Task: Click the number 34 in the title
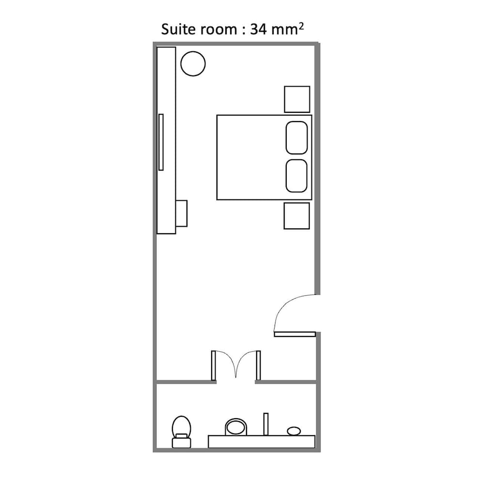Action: point(258,30)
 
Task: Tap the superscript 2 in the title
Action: point(301,26)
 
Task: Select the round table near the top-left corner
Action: point(193,63)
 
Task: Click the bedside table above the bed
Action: point(297,99)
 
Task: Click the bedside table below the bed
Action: point(297,216)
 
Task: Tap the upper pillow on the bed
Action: point(297,137)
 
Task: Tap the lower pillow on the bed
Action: point(296,176)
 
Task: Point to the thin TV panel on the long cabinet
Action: point(161,142)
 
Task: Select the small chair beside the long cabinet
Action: point(182,213)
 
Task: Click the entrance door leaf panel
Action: point(295,334)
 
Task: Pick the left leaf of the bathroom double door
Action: point(214,365)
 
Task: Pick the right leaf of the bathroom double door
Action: point(259,365)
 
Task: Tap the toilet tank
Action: point(182,442)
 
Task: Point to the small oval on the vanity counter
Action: point(294,431)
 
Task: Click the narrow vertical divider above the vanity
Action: point(266,424)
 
